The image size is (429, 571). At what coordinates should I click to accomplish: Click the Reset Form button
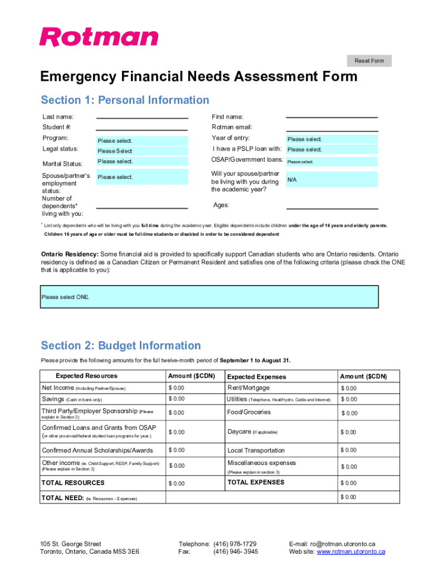tap(369, 61)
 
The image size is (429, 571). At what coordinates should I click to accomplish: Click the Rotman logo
tap(99, 37)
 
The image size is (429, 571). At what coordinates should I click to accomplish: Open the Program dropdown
tap(142, 141)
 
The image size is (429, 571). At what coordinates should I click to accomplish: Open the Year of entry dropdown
tap(331, 139)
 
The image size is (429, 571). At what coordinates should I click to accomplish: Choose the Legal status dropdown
tap(142, 151)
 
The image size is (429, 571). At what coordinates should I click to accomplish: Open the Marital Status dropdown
tap(142, 162)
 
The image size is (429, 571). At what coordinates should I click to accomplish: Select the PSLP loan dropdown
tap(331, 149)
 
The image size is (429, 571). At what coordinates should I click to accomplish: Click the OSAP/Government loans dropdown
tap(331, 162)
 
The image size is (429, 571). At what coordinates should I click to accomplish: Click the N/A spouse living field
tap(331, 180)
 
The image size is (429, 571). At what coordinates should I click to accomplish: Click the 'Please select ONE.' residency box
tap(209, 297)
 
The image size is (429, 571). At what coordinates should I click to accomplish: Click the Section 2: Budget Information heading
tap(121, 345)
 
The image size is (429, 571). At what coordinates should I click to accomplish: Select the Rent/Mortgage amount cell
tap(369, 388)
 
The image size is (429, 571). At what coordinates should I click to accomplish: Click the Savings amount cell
tap(194, 399)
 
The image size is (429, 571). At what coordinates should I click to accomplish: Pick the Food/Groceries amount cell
tap(369, 413)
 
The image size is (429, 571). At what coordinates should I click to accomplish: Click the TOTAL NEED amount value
tap(369, 497)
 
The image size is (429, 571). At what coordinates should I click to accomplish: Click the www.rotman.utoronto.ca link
tap(351, 551)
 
